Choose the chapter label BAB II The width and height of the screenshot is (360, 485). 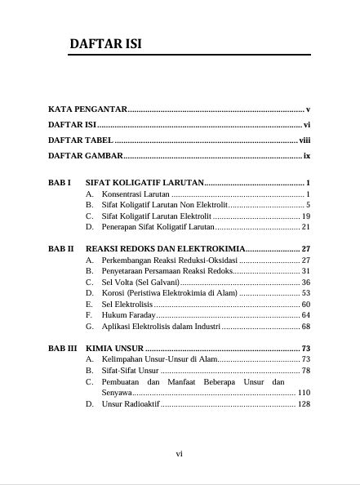pos(61,247)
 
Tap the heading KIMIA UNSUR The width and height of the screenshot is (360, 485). pos(114,349)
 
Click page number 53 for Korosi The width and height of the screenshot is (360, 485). pos(306,292)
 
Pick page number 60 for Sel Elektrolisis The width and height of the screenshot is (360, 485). pos(306,304)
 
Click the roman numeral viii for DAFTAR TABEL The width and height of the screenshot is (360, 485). pos(304,140)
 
